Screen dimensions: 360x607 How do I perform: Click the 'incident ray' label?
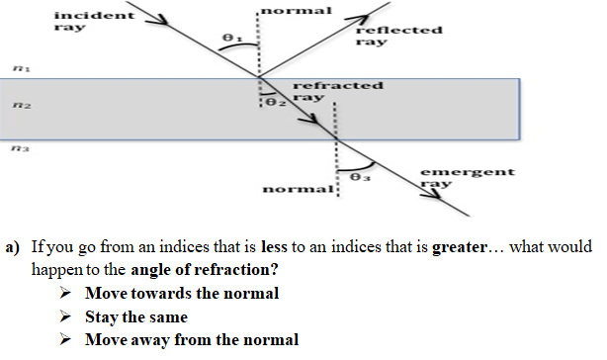81,23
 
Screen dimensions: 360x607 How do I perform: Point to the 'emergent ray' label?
453,178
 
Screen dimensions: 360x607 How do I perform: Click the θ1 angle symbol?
230,38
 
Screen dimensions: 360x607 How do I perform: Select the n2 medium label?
18,102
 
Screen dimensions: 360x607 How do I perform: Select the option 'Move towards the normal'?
181,293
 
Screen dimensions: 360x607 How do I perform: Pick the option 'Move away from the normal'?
191,340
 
